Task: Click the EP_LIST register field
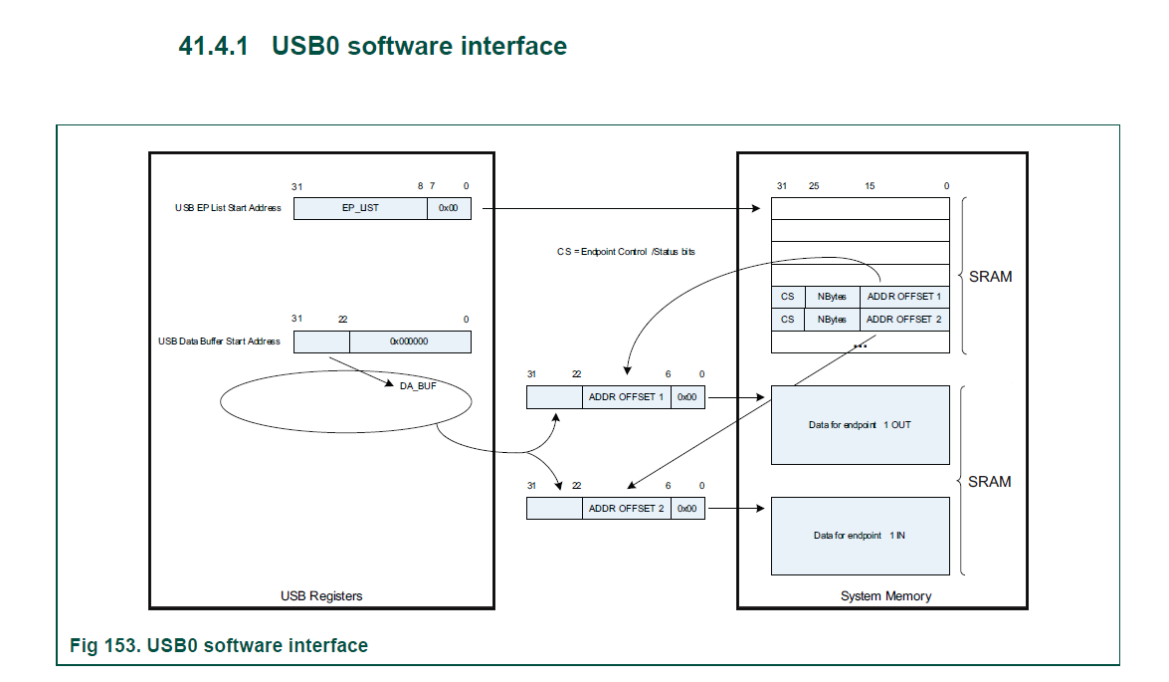(360, 208)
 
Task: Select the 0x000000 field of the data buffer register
(410, 341)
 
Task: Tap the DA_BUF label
(418, 385)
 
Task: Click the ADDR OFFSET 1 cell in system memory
(904, 297)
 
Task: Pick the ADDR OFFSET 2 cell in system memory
(904, 320)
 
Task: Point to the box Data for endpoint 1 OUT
(861, 425)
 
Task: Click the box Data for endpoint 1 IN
(861, 536)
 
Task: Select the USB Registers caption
(321, 596)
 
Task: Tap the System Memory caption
(885, 596)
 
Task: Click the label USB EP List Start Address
(228, 208)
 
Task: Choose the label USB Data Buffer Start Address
(219, 341)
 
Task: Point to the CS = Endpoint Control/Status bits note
(626, 252)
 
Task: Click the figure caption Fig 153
(219, 645)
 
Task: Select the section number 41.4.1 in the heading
(213, 46)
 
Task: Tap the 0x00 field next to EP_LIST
(449, 208)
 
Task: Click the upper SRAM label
(990, 277)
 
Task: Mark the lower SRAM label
(989, 482)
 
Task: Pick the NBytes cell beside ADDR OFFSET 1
(832, 297)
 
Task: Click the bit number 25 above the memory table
(814, 186)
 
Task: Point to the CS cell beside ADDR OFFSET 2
(787, 320)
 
